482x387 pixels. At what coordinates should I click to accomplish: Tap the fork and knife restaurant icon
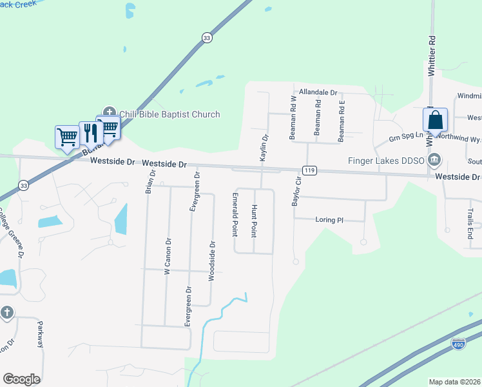pyautogui.click(x=90, y=134)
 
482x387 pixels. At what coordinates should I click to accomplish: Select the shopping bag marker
pyautogui.click(x=435, y=121)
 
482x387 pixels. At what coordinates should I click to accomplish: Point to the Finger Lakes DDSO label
pyautogui.click(x=387, y=160)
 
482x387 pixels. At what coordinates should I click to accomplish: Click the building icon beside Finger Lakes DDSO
pyautogui.click(x=436, y=159)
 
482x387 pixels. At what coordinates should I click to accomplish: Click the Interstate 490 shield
pyautogui.click(x=458, y=344)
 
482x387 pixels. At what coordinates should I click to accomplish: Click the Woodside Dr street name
pyautogui.click(x=211, y=261)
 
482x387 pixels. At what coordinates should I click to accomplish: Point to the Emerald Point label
pyautogui.click(x=236, y=213)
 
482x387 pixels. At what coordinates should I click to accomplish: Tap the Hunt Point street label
pyautogui.click(x=255, y=221)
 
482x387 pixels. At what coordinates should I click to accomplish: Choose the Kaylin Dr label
pyautogui.click(x=264, y=148)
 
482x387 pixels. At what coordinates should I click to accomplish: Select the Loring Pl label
pyautogui.click(x=329, y=220)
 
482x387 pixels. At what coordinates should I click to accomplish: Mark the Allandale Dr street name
pyautogui.click(x=316, y=93)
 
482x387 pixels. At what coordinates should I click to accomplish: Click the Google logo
pyautogui.click(x=21, y=379)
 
